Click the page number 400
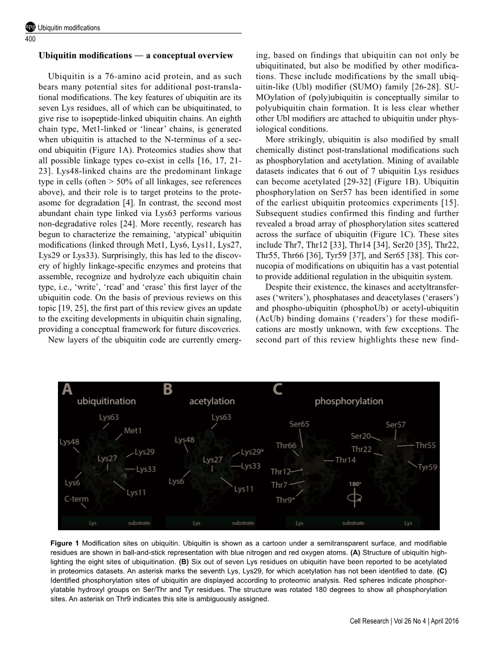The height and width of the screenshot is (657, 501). coord(31,39)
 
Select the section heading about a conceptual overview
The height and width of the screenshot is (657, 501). coord(136,55)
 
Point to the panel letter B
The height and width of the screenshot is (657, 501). coord(168,389)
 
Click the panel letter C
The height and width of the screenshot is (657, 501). coord(277,389)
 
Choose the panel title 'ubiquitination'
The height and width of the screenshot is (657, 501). coord(106,401)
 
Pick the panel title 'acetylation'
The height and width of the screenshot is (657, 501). coord(212,401)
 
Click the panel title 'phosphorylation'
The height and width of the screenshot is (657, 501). coord(348,401)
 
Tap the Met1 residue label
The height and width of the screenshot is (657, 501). coord(133,430)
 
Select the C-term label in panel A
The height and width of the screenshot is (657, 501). coord(76,499)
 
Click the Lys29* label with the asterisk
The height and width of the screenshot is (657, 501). coord(252,452)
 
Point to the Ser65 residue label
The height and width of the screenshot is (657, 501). coord(299,424)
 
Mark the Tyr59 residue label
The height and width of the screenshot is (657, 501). coord(427,467)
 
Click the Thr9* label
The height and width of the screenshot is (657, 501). coord(285,500)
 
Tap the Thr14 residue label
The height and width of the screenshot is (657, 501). coord(345,460)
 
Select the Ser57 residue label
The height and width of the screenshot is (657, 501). coord(395,424)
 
